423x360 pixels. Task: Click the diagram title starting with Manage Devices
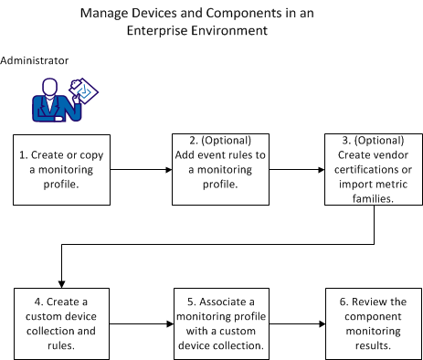pos(210,22)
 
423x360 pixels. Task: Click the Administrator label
pos(35,61)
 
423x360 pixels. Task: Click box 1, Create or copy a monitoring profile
pos(59,169)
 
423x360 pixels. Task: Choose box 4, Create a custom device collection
pos(59,323)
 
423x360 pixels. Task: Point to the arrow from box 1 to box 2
pos(137,169)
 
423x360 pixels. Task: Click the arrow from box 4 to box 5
pos(137,323)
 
